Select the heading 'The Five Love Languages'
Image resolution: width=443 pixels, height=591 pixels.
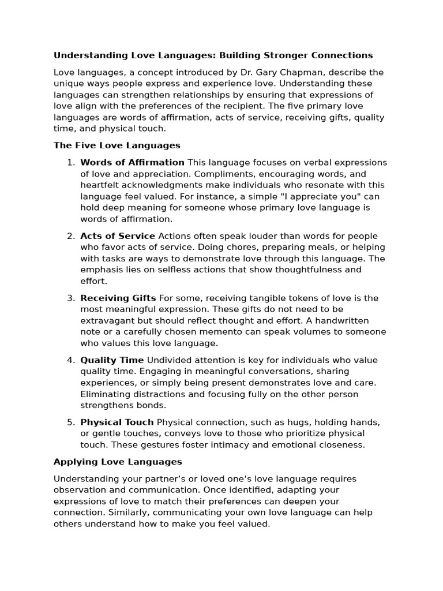tap(117, 145)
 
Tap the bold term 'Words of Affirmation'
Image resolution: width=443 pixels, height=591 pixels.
tap(132, 163)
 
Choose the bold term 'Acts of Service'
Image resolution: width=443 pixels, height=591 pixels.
tap(118, 236)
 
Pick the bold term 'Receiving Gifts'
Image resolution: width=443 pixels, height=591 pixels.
tap(118, 298)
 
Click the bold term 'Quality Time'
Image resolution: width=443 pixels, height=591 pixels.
tap(112, 361)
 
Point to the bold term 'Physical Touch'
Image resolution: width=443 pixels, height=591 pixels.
tap(117, 422)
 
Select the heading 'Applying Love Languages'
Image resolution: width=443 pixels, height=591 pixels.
tap(118, 462)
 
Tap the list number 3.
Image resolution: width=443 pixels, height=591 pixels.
tap(71, 298)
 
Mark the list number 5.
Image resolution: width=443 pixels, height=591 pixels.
tap(71, 422)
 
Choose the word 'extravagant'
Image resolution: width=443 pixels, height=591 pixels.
tap(107, 321)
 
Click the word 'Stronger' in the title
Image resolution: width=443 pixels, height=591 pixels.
tap(287, 55)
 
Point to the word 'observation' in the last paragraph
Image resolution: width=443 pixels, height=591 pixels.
tap(80, 491)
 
